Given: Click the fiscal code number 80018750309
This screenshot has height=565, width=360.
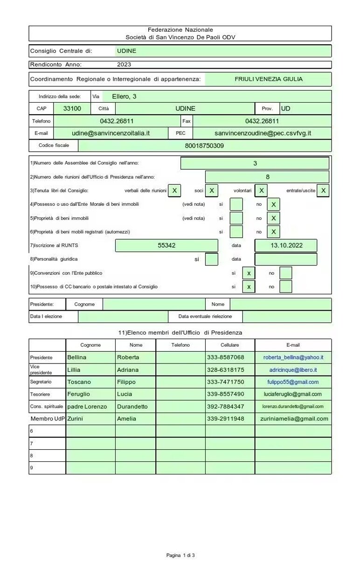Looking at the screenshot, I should [x=204, y=146].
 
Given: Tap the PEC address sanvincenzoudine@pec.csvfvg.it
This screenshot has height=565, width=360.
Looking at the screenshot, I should [x=263, y=133].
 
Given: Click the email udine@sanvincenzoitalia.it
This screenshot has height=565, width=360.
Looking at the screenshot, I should [x=111, y=133].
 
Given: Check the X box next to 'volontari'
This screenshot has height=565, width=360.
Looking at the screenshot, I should [x=262, y=190].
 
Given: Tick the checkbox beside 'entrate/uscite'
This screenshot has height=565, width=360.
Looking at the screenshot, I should [x=323, y=190].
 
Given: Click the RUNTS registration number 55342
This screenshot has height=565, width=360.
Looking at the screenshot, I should [x=166, y=245].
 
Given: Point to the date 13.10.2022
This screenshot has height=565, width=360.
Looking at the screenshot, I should [x=286, y=245].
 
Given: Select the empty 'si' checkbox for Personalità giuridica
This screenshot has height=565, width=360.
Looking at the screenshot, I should [x=211, y=259].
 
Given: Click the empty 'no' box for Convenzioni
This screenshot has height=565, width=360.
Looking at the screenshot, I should [x=286, y=273].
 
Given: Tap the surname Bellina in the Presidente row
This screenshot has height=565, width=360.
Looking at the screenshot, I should [x=77, y=357].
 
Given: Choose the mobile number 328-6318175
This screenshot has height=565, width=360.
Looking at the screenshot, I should [x=225, y=370].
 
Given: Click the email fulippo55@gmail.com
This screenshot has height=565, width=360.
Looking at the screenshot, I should [x=293, y=382].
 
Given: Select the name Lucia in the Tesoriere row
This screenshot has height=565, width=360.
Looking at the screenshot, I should [x=125, y=394].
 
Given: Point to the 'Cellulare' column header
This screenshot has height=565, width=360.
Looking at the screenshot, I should [x=229, y=345].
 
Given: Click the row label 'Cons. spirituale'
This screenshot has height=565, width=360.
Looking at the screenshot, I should [x=47, y=406].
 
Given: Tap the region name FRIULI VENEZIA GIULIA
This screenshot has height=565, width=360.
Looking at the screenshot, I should [x=268, y=79].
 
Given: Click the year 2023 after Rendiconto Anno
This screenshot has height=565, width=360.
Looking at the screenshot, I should [x=124, y=65].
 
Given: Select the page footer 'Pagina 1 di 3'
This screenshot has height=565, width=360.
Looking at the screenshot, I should [x=180, y=555].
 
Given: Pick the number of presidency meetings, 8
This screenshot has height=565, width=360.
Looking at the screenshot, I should [x=267, y=177].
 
